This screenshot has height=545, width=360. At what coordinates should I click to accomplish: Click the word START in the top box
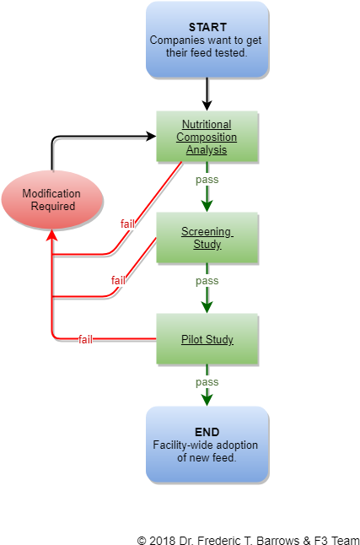207,27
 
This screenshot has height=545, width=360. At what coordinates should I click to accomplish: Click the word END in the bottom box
207,432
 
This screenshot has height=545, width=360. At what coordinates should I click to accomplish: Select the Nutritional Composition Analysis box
207,136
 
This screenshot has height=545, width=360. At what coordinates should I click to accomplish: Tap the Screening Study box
207,237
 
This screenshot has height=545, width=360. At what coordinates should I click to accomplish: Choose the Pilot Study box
207,339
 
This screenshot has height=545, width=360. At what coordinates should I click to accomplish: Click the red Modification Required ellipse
51,200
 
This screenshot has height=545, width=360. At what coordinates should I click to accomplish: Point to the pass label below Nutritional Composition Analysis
207,180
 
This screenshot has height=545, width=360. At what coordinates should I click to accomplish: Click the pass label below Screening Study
207,280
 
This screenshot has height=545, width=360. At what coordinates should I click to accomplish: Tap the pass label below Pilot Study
207,382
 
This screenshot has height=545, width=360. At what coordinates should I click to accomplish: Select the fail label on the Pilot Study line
85,339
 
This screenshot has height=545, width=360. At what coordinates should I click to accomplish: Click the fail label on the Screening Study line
118,280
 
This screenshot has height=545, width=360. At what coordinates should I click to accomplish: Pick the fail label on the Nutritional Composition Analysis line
127,224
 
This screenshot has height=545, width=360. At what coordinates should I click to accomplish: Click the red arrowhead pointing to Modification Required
51,236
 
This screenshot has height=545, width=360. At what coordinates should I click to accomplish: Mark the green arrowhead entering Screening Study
207,204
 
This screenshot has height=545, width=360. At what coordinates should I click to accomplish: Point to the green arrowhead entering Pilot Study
207,305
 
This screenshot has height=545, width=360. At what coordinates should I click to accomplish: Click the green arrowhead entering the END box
207,399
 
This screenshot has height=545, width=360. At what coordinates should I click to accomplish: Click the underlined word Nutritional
207,124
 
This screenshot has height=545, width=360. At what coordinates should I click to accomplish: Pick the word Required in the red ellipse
53,206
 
